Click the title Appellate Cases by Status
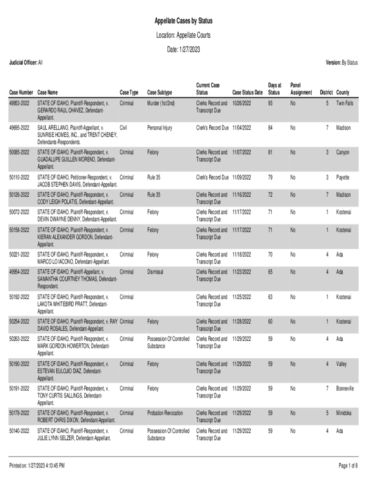click(183, 21)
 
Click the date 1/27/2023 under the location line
click(183, 50)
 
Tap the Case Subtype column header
click(160, 92)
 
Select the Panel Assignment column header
click(301, 89)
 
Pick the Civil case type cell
click(123, 128)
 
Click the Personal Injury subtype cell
click(160, 128)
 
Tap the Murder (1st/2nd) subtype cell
click(161, 103)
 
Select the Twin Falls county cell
click(344, 103)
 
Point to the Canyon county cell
click(342, 152)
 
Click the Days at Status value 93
click(270, 103)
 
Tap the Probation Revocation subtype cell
click(165, 413)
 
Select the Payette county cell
click(343, 177)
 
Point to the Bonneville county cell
click(345, 388)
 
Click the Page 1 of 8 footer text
click(347, 465)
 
